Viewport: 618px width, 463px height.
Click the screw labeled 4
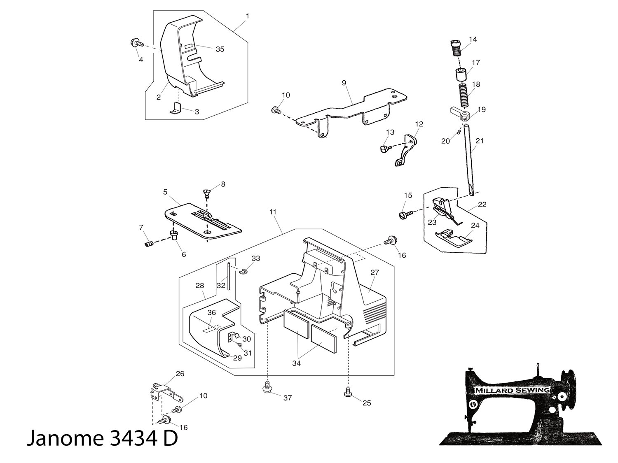(136, 42)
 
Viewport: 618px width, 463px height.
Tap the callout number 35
(220, 49)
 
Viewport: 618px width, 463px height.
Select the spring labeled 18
(463, 96)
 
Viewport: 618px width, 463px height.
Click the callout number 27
(375, 272)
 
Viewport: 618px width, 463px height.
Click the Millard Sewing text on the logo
(512, 390)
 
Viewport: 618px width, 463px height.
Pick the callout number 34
(296, 363)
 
